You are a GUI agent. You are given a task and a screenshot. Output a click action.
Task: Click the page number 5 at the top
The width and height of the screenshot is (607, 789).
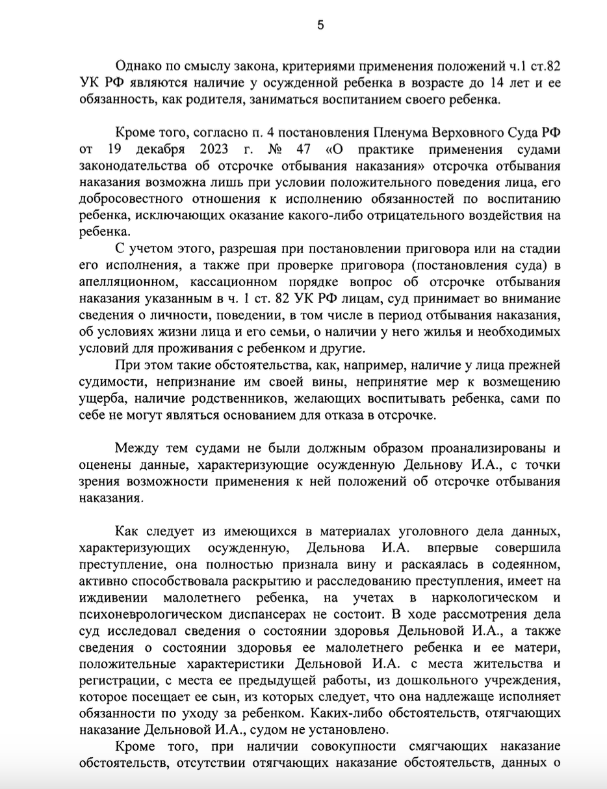(320, 25)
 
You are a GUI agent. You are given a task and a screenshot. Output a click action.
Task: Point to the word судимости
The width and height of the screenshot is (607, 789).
(110, 381)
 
